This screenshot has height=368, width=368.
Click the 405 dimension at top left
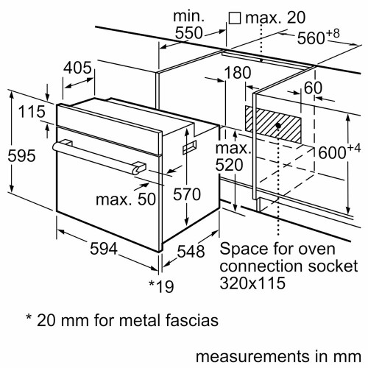78,68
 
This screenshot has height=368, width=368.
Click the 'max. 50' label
126,199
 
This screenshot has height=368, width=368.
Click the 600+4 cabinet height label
341,152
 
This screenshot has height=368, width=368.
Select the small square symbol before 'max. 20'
235,16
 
